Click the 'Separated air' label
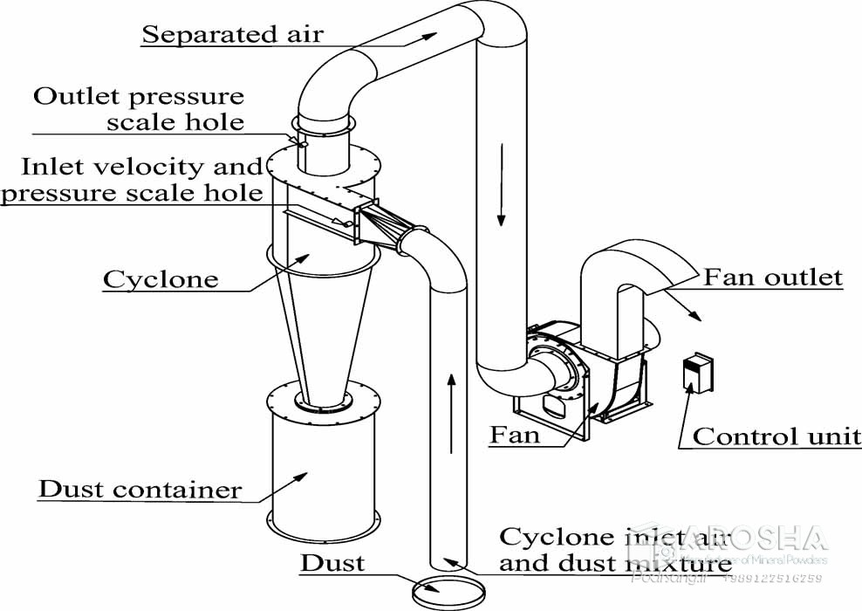tap(232, 35)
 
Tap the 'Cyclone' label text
tap(161, 279)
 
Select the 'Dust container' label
tap(140, 489)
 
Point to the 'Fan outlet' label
tap(773, 278)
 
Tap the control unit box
tap(696, 372)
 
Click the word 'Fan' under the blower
tap(514, 434)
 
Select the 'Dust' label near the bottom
tap(332, 563)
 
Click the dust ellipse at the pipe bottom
tap(449, 593)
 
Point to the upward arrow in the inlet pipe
tap(450, 410)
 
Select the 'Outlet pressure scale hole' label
tap(140, 108)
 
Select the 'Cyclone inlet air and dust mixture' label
tap(615, 550)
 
